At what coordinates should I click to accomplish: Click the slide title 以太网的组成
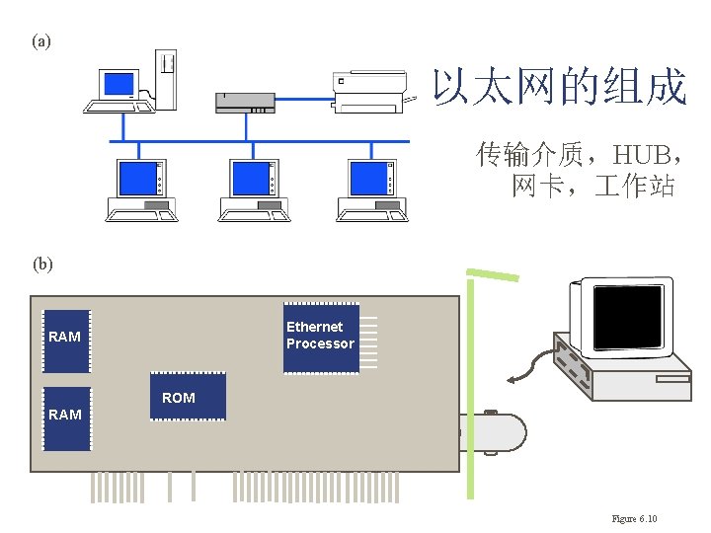point(559,88)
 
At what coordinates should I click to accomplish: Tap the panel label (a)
point(40,41)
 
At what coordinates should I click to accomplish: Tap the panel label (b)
point(42,264)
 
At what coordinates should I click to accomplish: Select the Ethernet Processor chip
point(321,338)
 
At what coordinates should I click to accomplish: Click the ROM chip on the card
point(187,397)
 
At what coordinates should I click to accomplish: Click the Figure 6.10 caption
point(634,519)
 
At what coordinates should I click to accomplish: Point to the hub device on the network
point(245,101)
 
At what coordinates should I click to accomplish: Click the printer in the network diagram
point(370,90)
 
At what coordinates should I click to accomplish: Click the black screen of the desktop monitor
point(626,311)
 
